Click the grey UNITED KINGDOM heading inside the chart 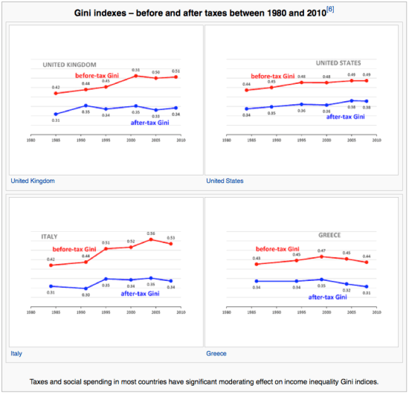pyautogui.click(x=65, y=63)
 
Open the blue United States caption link pyautogui.click(x=225, y=181)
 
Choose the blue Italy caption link pyautogui.click(x=16, y=353)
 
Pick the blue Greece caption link pyautogui.click(x=216, y=353)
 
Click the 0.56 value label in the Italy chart pyautogui.click(x=151, y=233)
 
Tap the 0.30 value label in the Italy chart pyautogui.click(x=86, y=295)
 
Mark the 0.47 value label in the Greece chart pyautogui.click(x=322, y=251)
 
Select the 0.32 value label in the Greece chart pyautogui.click(x=347, y=290)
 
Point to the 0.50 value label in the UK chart pyautogui.click(x=156, y=72)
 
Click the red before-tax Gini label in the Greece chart pyautogui.click(x=280, y=249)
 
